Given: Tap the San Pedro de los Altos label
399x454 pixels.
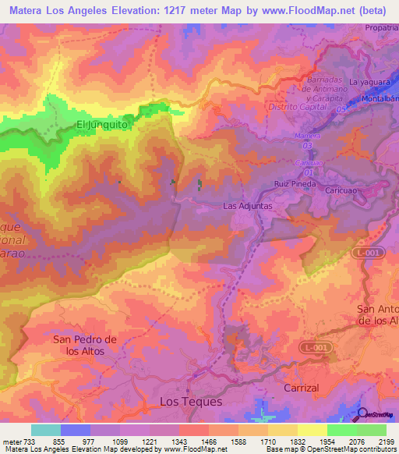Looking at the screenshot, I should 83,345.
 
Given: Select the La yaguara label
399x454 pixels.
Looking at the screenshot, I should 369,81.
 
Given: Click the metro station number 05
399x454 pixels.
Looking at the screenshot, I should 341,109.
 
